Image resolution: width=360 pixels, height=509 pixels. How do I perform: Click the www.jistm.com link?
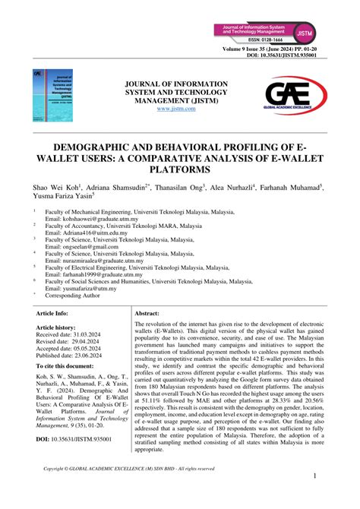[175, 109]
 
